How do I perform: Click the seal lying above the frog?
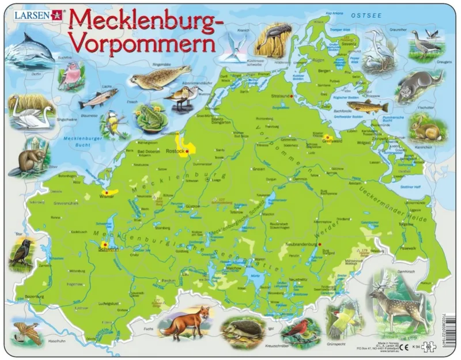(159, 78)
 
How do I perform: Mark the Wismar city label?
(108, 197)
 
